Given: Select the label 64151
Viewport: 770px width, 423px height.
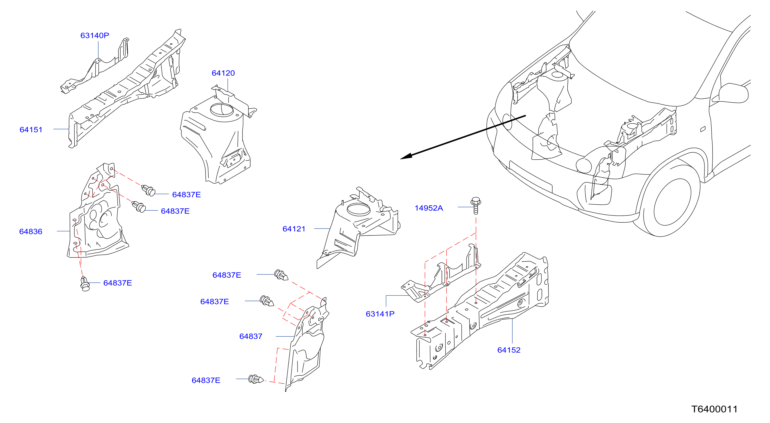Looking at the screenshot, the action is [x=31, y=130].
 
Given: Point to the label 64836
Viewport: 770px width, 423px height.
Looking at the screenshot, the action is [x=30, y=232].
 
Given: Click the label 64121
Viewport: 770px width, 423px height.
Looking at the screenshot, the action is [x=294, y=229].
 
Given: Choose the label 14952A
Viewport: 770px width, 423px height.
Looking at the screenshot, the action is [x=429, y=208].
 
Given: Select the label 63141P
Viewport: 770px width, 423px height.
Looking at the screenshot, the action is [x=380, y=314].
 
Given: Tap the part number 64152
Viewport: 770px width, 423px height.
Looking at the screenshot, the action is [x=509, y=350].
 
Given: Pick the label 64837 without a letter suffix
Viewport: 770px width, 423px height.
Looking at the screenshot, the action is [x=251, y=337].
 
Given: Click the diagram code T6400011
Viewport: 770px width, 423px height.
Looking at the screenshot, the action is [x=714, y=409].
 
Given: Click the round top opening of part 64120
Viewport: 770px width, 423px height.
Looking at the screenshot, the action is [x=221, y=110].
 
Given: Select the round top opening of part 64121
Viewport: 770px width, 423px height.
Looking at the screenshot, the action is [x=358, y=209].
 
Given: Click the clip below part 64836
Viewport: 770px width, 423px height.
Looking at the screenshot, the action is [x=85, y=284].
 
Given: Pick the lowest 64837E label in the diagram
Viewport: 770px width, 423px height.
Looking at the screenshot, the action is [x=206, y=381].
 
